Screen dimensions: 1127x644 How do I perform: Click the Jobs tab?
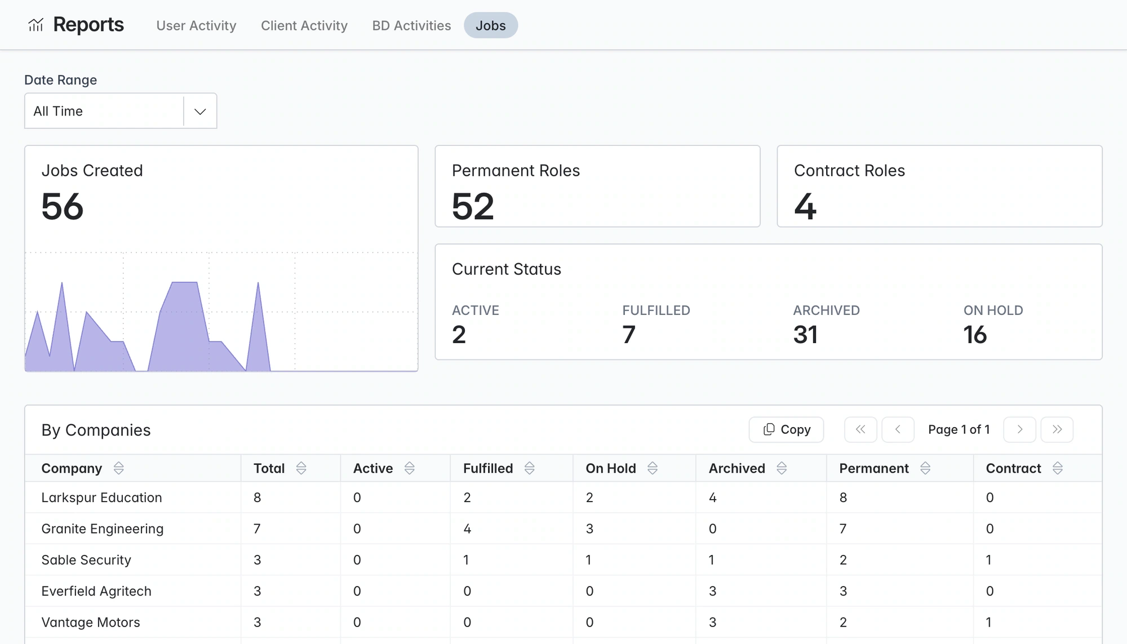point(491,25)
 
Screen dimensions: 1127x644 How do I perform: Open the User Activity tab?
point(196,25)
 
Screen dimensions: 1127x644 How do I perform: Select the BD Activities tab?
point(411,25)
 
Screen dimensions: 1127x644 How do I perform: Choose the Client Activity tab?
point(304,25)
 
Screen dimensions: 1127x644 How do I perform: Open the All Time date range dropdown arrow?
point(200,111)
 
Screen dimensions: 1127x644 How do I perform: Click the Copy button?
point(786,429)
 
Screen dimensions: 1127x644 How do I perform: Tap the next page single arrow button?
point(1020,429)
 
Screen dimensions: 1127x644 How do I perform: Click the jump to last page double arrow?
point(1057,429)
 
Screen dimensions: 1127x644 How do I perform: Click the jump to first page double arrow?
point(860,429)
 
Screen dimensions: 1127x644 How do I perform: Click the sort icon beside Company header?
point(118,468)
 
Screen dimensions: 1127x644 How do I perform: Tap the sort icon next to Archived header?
point(782,468)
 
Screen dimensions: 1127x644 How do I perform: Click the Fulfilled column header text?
point(488,468)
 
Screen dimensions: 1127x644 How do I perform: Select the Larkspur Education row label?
point(101,498)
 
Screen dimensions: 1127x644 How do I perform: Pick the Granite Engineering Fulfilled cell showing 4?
point(467,528)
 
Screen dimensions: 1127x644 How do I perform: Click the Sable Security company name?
point(86,559)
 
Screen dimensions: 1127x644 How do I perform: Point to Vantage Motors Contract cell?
point(989,622)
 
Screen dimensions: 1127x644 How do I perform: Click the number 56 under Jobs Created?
point(63,206)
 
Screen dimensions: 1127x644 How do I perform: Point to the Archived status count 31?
point(805,335)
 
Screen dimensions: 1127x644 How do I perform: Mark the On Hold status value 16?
point(975,335)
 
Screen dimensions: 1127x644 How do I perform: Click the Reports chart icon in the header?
point(36,25)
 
